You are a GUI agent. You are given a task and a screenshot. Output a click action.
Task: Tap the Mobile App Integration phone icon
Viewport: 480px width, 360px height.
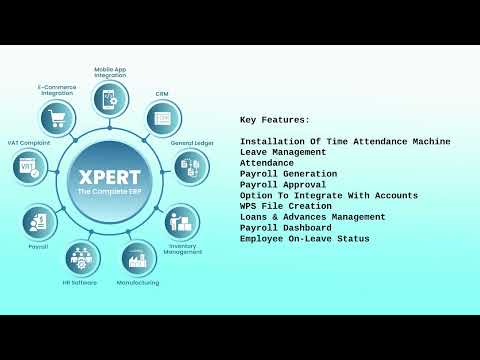click(108, 99)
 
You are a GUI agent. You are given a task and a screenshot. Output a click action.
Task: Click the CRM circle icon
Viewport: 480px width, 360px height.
click(163, 118)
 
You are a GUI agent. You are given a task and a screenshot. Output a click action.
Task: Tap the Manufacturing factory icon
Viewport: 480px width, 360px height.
click(139, 258)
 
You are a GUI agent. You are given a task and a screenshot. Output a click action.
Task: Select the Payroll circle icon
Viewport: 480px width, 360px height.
click(39, 221)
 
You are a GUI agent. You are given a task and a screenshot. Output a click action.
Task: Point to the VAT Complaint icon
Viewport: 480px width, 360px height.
click(30, 166)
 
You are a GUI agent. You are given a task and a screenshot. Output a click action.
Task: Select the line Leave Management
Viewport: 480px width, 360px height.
click(283, 152)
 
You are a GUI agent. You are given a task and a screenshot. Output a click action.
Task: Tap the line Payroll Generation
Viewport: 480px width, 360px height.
click(288, 174)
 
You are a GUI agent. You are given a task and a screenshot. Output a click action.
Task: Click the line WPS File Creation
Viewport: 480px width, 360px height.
click(286, 206)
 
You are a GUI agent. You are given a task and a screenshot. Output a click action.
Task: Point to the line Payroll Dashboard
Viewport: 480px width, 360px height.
click(286, 228)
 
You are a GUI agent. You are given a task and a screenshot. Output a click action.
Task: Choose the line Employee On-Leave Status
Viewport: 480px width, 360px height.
click(304, 239)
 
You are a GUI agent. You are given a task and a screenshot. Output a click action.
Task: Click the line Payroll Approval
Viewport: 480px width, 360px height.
click(283, 185)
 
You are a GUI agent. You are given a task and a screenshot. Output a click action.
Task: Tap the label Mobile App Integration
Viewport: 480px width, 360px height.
click(110, 73)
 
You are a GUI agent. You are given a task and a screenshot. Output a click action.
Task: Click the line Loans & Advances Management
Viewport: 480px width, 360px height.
click(312, 217)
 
